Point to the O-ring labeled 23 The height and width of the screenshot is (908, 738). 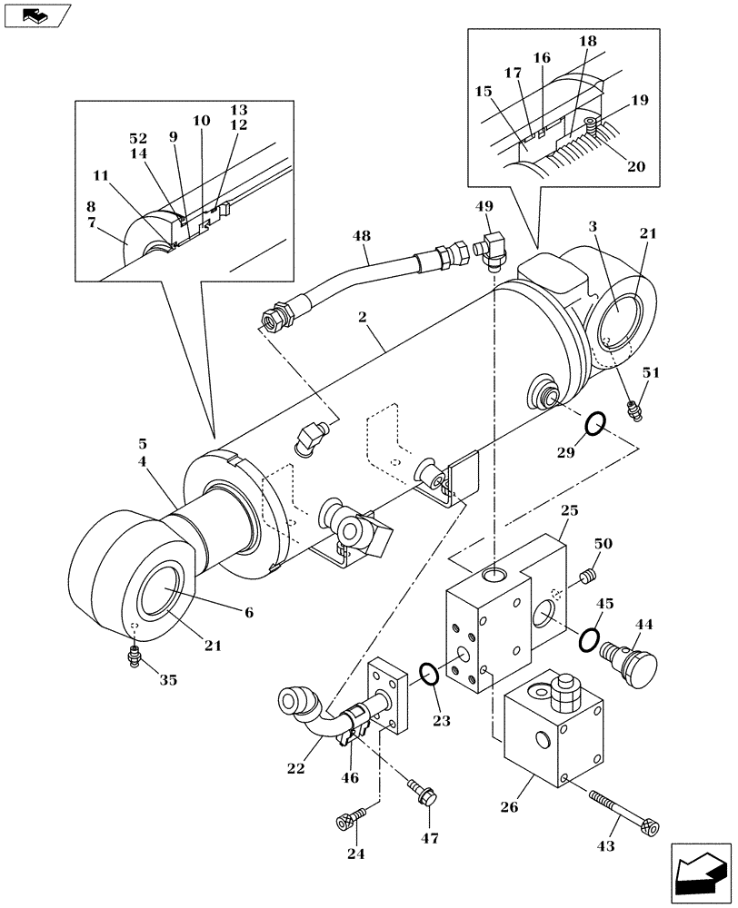tap(429, 675)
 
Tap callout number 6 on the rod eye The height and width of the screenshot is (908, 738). tap(247, 613)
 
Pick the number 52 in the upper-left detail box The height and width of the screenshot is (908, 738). tap(138, 139)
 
